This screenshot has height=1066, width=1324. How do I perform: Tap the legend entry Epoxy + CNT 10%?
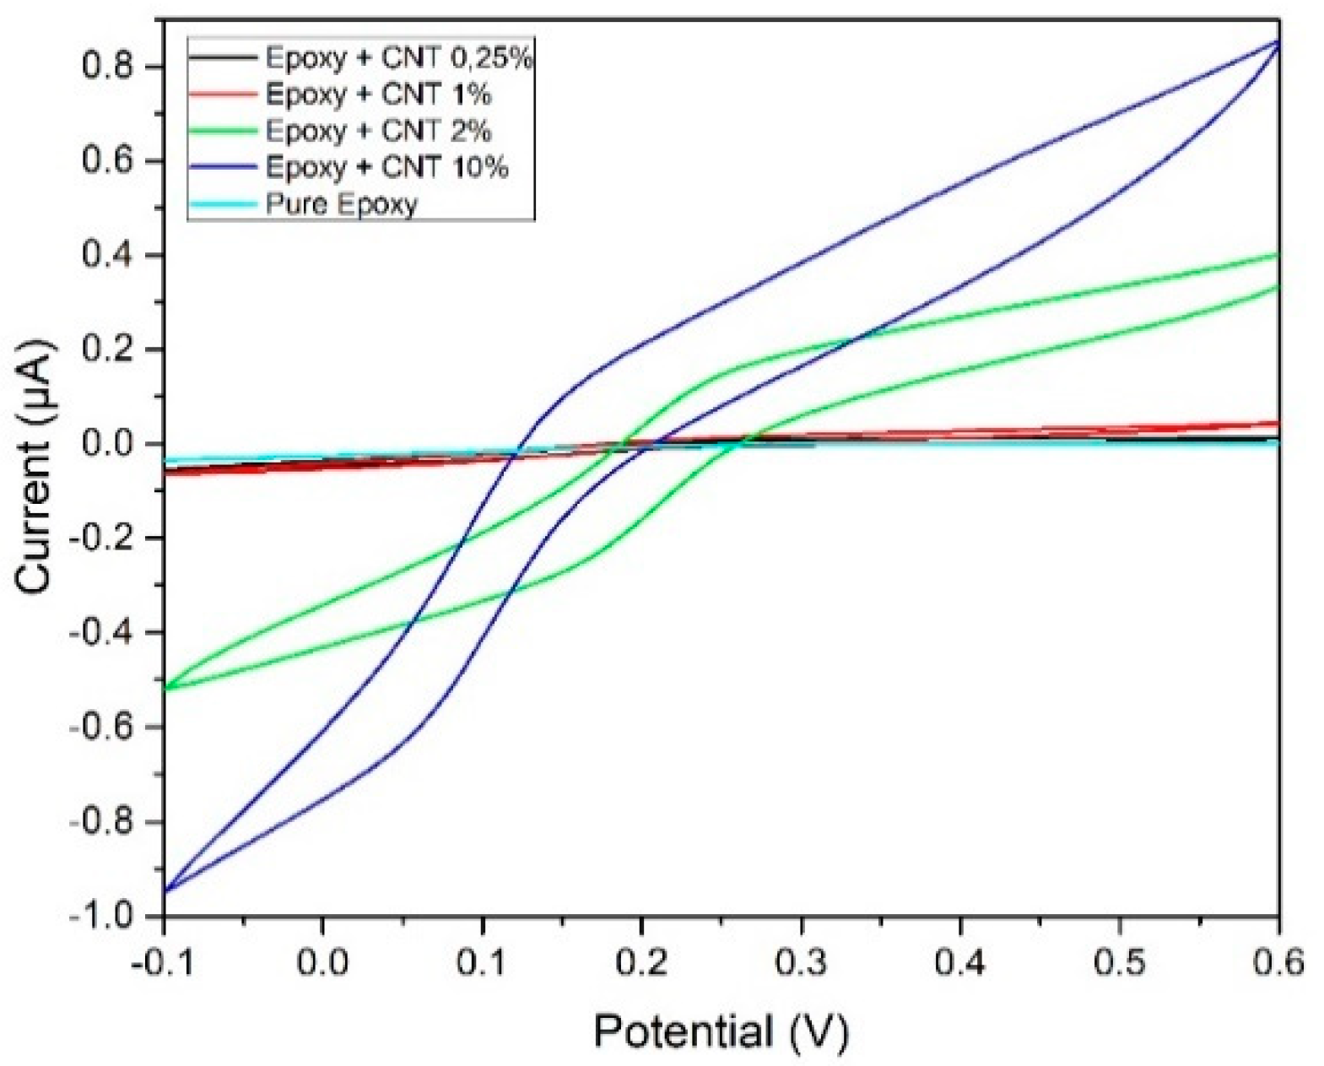point(386,167)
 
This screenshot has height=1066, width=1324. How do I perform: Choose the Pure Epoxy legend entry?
point(341,204)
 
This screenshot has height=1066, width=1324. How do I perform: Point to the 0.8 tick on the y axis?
point(109,67)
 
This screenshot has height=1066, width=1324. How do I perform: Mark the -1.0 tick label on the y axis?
point(101,917)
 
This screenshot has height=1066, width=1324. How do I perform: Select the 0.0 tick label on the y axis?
point(109,444)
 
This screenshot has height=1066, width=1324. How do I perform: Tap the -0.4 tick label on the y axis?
point(101,633)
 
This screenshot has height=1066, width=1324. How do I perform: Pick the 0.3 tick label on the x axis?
point(800,963)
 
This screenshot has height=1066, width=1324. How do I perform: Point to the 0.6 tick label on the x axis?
point(1278,963)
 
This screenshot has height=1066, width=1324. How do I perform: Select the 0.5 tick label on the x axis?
point(1119,963)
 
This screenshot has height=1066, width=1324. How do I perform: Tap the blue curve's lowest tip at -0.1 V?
point(165,890)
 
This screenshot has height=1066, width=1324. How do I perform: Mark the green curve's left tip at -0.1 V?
point(165,689)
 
